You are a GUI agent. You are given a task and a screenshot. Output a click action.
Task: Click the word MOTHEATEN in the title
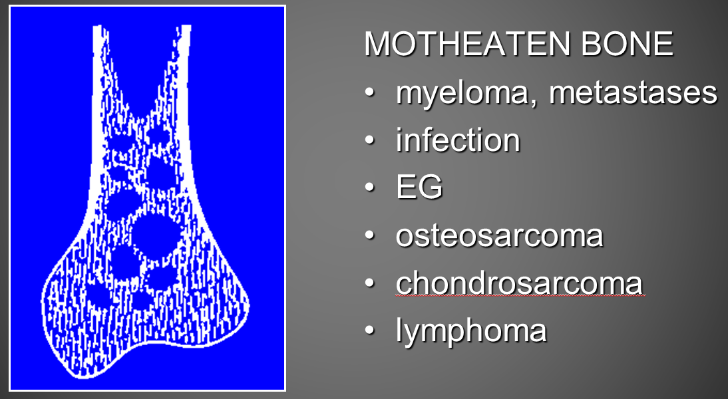point(467,44)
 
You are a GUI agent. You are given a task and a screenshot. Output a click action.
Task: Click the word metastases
point(634,92)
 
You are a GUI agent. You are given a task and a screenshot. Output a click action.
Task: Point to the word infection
point(458,140)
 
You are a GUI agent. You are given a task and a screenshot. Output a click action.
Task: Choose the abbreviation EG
point(419,188)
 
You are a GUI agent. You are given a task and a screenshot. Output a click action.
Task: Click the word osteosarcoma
point(499,235)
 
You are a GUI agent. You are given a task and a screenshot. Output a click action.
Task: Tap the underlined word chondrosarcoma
point(519,283)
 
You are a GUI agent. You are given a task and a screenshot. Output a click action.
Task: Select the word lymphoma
point(471,331)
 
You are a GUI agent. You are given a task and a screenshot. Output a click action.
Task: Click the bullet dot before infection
point(369,140)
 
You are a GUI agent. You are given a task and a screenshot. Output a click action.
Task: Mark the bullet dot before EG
point(369,188)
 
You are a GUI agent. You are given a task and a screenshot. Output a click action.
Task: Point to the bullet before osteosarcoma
point(369,235)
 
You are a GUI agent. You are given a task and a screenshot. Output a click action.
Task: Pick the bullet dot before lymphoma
point(369,331)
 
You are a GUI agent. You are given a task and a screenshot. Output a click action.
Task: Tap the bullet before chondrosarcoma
point(369,283)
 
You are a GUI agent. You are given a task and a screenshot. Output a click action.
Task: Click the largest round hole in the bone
point(156,235)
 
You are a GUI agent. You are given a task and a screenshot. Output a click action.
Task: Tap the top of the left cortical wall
point(98,27)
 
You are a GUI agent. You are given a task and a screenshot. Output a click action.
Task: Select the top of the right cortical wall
point(186,27)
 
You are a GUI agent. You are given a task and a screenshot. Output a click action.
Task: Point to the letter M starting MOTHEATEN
point(377,44)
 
